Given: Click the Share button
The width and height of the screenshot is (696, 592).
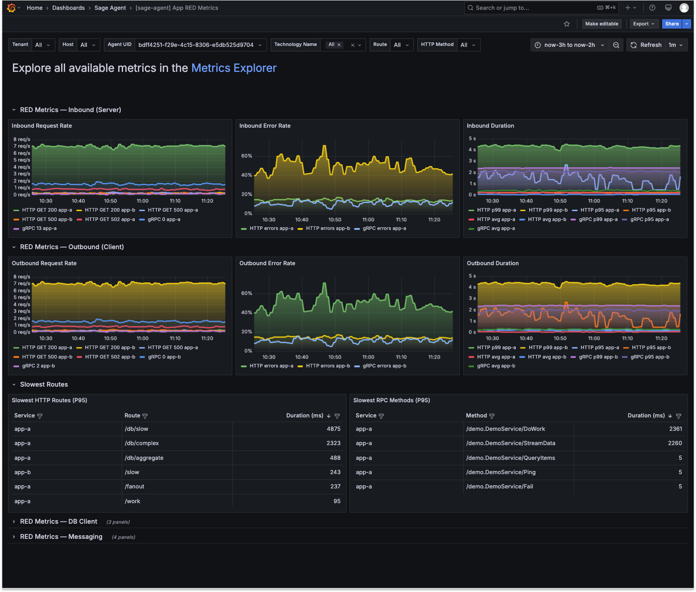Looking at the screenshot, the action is point(671,24).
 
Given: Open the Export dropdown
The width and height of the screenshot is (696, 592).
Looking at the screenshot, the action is point(643,24).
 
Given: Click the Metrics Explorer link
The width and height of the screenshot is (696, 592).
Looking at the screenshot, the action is point(234,68).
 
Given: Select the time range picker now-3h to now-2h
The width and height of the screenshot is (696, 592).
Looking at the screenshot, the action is point(569,45).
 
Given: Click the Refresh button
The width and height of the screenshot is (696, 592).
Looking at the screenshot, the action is point(646,45).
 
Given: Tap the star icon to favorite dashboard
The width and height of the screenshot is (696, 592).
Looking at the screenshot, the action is point(567,24).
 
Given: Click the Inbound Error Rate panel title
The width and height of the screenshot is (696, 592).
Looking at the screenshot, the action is point(265,126).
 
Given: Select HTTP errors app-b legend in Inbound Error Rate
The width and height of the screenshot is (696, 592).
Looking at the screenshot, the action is point(324,229).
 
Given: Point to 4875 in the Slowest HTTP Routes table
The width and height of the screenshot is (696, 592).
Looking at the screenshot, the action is point(334,429).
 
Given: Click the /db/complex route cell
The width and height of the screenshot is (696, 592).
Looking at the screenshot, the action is point(141,443).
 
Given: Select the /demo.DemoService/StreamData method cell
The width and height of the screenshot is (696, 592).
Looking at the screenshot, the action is point(511,443).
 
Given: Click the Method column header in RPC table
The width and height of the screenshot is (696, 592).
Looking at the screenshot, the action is point(476,416).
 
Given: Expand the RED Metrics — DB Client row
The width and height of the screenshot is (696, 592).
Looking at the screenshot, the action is point(58,521).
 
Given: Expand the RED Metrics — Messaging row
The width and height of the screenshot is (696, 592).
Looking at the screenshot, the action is point(61,537).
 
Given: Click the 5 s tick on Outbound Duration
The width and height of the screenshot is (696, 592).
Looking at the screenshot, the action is point(472,276).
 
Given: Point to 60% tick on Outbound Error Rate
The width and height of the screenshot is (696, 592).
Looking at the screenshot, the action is point(247,293).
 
